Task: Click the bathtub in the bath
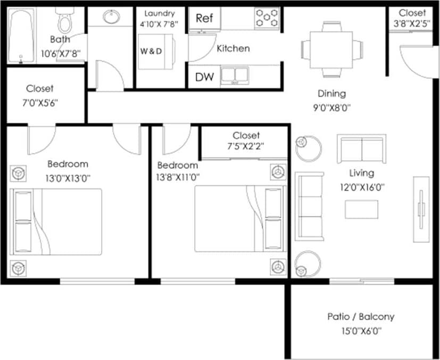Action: click(x=20, y=35)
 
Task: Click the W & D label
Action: click(x=151, y=52)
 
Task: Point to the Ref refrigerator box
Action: click(x=204, y=18)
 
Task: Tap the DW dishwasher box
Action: click(x=204, y=77)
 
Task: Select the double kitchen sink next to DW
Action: click(x=235, y=76)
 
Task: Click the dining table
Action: click(x=332, y=48)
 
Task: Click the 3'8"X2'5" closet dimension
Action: click(x=412, y=23)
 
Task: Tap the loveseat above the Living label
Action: click(x=361, y=149)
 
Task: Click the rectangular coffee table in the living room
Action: click(x=362, y=209)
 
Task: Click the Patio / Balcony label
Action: click(x=361, y=317)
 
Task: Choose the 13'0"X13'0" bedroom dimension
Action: click(x=68, y=178)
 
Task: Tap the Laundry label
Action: click(x=159, y=13)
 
